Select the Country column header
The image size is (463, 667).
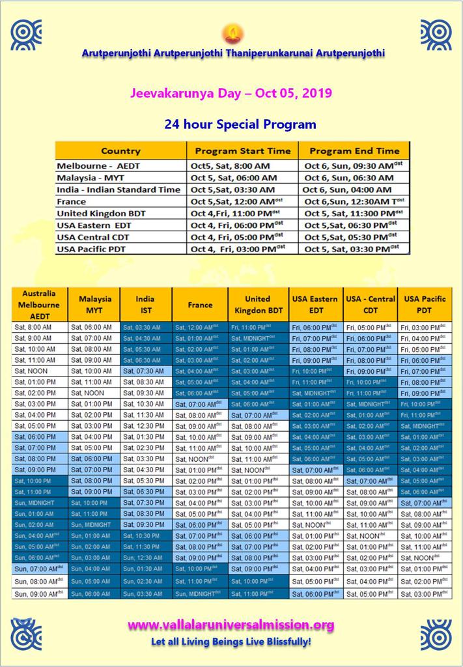click(120, 150)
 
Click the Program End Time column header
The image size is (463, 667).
click(354, 150)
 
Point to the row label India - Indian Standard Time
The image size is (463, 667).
click(119, 190)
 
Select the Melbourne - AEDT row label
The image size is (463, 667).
click(98, 165)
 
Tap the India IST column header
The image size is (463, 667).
click(145, 304)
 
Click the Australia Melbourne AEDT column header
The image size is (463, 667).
click(39, 304)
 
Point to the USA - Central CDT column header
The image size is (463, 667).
click(371, 304)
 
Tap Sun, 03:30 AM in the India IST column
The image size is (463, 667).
click(144, 593)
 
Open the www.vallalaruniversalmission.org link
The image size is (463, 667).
click(231, 625)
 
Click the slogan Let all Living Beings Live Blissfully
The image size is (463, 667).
click(231, 642)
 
